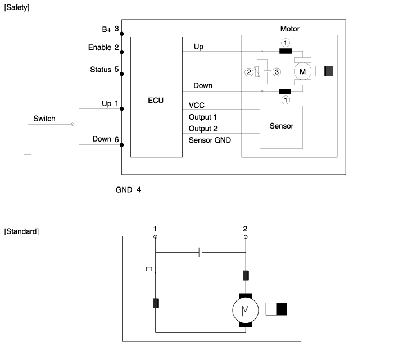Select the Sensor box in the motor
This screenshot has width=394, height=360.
281,126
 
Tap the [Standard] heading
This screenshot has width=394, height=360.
21,231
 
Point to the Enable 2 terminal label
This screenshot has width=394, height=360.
103,48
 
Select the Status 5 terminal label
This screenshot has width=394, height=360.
105,70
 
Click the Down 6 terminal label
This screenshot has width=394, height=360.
106,139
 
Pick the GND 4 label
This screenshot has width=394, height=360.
128,189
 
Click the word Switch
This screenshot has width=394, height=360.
44,119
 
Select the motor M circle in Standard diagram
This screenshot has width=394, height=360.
245,309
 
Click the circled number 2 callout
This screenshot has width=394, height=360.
248,71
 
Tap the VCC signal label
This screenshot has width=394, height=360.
197,105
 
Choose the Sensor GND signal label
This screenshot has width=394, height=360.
210,140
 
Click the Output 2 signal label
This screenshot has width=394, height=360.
203,129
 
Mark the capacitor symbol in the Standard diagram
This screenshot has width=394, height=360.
201,253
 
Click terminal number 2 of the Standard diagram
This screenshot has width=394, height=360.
245,229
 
